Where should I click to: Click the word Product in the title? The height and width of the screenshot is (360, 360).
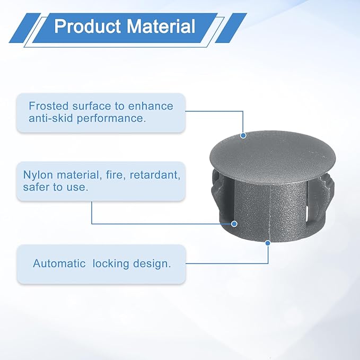[87, 26]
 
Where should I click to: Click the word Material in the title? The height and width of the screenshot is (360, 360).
[161, 26]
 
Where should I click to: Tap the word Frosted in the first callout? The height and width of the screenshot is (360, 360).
[49, 106]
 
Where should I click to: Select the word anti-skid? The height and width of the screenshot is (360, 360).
[51, 118]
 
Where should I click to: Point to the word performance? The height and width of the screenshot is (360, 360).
[111, 119]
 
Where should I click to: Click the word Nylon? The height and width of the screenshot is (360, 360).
[38, 175]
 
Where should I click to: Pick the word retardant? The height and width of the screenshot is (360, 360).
[155, 175]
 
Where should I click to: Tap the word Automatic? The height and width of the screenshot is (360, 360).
[59, 264]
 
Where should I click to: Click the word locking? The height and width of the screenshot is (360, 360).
[111, 264]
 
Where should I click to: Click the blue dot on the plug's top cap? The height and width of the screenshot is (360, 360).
[243, 135]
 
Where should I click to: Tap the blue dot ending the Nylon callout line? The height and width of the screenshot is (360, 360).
[234, 224]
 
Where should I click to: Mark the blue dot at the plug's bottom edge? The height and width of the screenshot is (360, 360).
[268, 243]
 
